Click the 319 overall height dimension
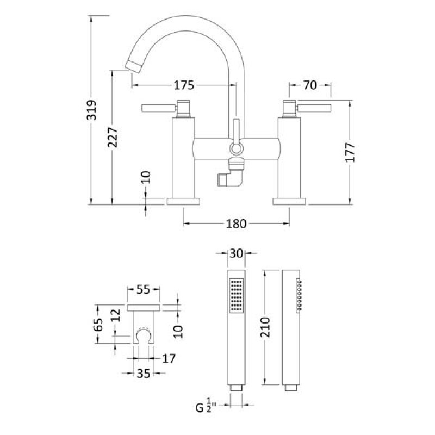point(91,110)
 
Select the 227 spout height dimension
point(113,138)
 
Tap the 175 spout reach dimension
point(184,85)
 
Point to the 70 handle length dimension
point(310,85)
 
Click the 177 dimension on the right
point(350,152)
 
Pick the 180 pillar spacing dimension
point(236,223)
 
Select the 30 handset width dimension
point(237,253)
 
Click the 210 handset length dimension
point(265,327)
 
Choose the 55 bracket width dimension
point(143,290)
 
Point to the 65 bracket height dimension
point(98,324)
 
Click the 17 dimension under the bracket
point(169,359)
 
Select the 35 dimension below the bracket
point(144,374)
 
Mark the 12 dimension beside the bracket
point(116,315)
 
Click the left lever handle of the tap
point(159,108)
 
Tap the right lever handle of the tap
point(314,108)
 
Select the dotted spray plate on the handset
point(237,295)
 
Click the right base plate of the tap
point(289,201)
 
